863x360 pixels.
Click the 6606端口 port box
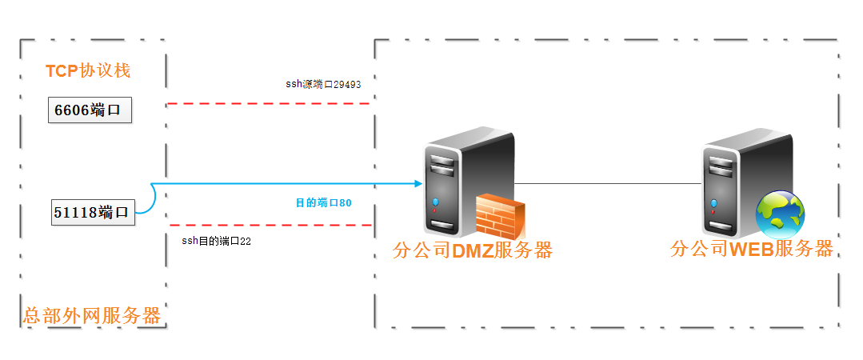[89, 110]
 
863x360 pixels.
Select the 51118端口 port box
[92, 212]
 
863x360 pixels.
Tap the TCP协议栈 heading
[88, 70]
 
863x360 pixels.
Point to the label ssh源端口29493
[324, 83]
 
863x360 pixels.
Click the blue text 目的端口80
[324, 202]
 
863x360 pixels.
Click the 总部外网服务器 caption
[92, 315]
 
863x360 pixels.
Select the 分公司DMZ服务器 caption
[473, 250]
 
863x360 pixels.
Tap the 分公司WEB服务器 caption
[752, 248]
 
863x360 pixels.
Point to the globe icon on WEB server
[780, 214]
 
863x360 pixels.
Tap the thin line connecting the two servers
[608, 183]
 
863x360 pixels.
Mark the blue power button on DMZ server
[435, 202]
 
